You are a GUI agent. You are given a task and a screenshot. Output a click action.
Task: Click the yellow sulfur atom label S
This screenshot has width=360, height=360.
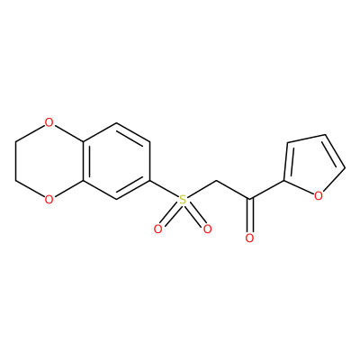pyautogui.click(x=183, y=200)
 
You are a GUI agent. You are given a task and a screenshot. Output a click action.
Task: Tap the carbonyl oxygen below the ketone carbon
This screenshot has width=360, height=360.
pyautogui.click(x=249, y=238)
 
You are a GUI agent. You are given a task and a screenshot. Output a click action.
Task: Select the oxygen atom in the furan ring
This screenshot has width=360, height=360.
pyautogui.click(x=319, y=196)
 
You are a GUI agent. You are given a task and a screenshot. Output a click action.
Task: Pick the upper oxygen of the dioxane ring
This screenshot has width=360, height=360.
pyautogui.click(x=49, y=122)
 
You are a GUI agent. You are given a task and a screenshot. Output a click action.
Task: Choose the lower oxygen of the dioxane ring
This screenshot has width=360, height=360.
pyautogui.click(x=49, y=199)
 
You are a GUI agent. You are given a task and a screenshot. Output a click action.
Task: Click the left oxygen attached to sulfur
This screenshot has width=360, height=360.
pyautogui.click(x=157, y=229)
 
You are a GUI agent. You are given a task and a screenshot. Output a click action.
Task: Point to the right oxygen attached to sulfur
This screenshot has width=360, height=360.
pyautogui.click(x=207, y=229)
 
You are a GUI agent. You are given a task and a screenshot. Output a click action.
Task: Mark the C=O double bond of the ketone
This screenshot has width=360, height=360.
pyautogui.click(x=250, y=215)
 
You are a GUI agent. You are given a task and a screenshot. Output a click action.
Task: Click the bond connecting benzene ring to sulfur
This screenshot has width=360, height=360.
pyautogui.click(x=164, y=189)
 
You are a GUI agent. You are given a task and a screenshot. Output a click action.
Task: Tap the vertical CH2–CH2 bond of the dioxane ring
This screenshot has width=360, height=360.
pyautogui.click(x=15, y=161)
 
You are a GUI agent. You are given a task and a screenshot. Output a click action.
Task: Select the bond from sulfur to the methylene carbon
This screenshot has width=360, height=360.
pyautogui.click(x=202, y=190)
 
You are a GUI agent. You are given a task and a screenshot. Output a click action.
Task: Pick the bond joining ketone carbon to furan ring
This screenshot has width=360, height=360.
pyautogui.click(x=266, y=190)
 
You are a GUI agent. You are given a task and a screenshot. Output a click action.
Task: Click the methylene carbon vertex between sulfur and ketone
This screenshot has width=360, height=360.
pyautogui.click(x=216, y=181)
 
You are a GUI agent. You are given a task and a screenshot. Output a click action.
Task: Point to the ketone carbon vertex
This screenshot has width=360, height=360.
pyautogui.click(x=249, y=199)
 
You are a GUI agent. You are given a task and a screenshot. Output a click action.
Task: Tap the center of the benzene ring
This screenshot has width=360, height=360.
pyautogui.click(x=116, y=161)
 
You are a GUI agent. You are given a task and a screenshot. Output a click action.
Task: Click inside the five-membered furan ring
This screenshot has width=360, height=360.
pyautogui.click(x=312, y=168)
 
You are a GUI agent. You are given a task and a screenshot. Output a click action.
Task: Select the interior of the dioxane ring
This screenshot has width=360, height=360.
pyautogui.click(x=49, y=161)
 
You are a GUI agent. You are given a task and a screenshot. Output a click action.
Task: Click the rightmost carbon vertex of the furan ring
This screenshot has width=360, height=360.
pyautogui.click(x=345, y=168)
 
